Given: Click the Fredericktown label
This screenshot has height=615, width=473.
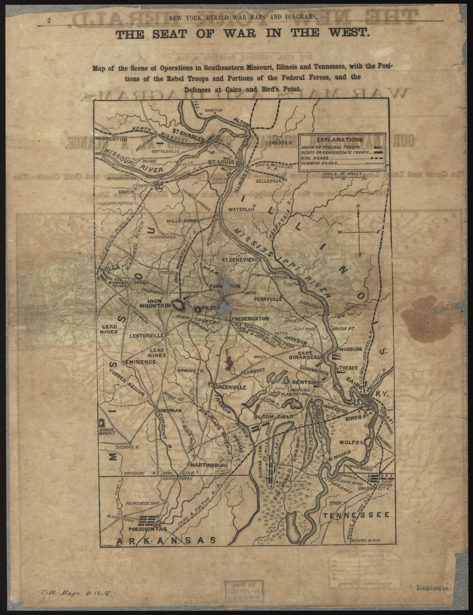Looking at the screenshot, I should [x=250, y=319].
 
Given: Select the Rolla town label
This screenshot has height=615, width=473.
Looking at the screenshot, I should [x=110, y=268].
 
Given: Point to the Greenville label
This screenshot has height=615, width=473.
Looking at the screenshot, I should [x=230, y=387].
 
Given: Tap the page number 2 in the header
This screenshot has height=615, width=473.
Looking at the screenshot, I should [x=49, y=20].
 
